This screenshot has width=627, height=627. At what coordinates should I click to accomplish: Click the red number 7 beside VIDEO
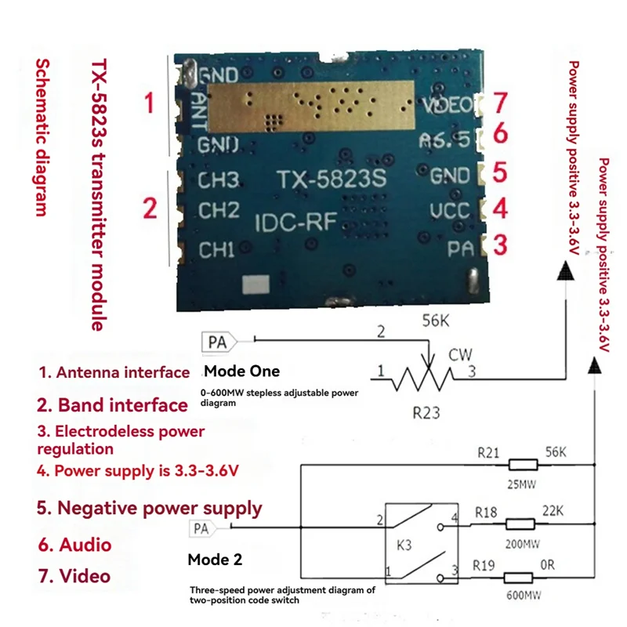pos(501,102)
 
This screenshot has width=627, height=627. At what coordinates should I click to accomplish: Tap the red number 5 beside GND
pos(501,172)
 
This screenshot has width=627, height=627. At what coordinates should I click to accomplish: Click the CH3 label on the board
pos(217,180)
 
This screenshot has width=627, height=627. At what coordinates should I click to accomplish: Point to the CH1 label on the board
pos(216,251)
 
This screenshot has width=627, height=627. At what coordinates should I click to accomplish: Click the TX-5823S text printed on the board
pos(332,179)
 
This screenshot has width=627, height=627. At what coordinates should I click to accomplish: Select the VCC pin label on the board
pos(449,211)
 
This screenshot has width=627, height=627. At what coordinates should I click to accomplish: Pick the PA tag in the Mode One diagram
pos(216,342)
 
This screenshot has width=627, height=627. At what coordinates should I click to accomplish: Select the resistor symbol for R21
pos(523,465)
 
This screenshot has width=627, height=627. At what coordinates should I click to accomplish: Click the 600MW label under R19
pos(520,595)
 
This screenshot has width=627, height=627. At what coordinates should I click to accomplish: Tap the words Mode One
pos(241,371)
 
